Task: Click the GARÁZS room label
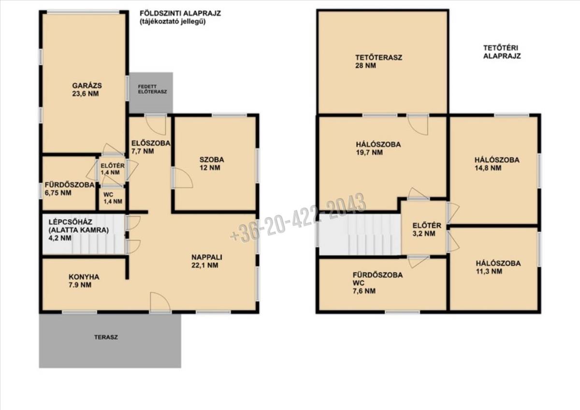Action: [87, 86]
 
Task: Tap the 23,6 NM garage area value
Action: [86, 93]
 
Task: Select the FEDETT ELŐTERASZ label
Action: [152, 89]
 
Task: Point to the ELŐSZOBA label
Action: [151, 143]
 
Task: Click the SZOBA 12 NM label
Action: [212, 163]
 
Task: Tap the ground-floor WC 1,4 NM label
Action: [113, 198]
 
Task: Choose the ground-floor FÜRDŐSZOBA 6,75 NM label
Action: [70, 189]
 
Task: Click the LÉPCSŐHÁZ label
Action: [71, 222]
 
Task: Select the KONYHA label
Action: [84, 277]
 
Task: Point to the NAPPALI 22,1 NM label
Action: [207, 261]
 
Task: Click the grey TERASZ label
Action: [106, 337]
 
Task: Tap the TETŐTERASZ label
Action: [378, 58]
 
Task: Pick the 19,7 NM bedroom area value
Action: [369, 152]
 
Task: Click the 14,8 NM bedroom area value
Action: [488, 168]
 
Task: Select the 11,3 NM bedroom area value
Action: [489, 271]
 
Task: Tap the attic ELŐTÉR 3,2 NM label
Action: [427, 230]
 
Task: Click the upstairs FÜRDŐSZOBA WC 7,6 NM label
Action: [378, 283]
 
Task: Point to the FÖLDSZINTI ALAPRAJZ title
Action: [180, 13]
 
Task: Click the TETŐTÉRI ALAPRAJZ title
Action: [502, 52]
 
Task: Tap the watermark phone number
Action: [298, 218]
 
